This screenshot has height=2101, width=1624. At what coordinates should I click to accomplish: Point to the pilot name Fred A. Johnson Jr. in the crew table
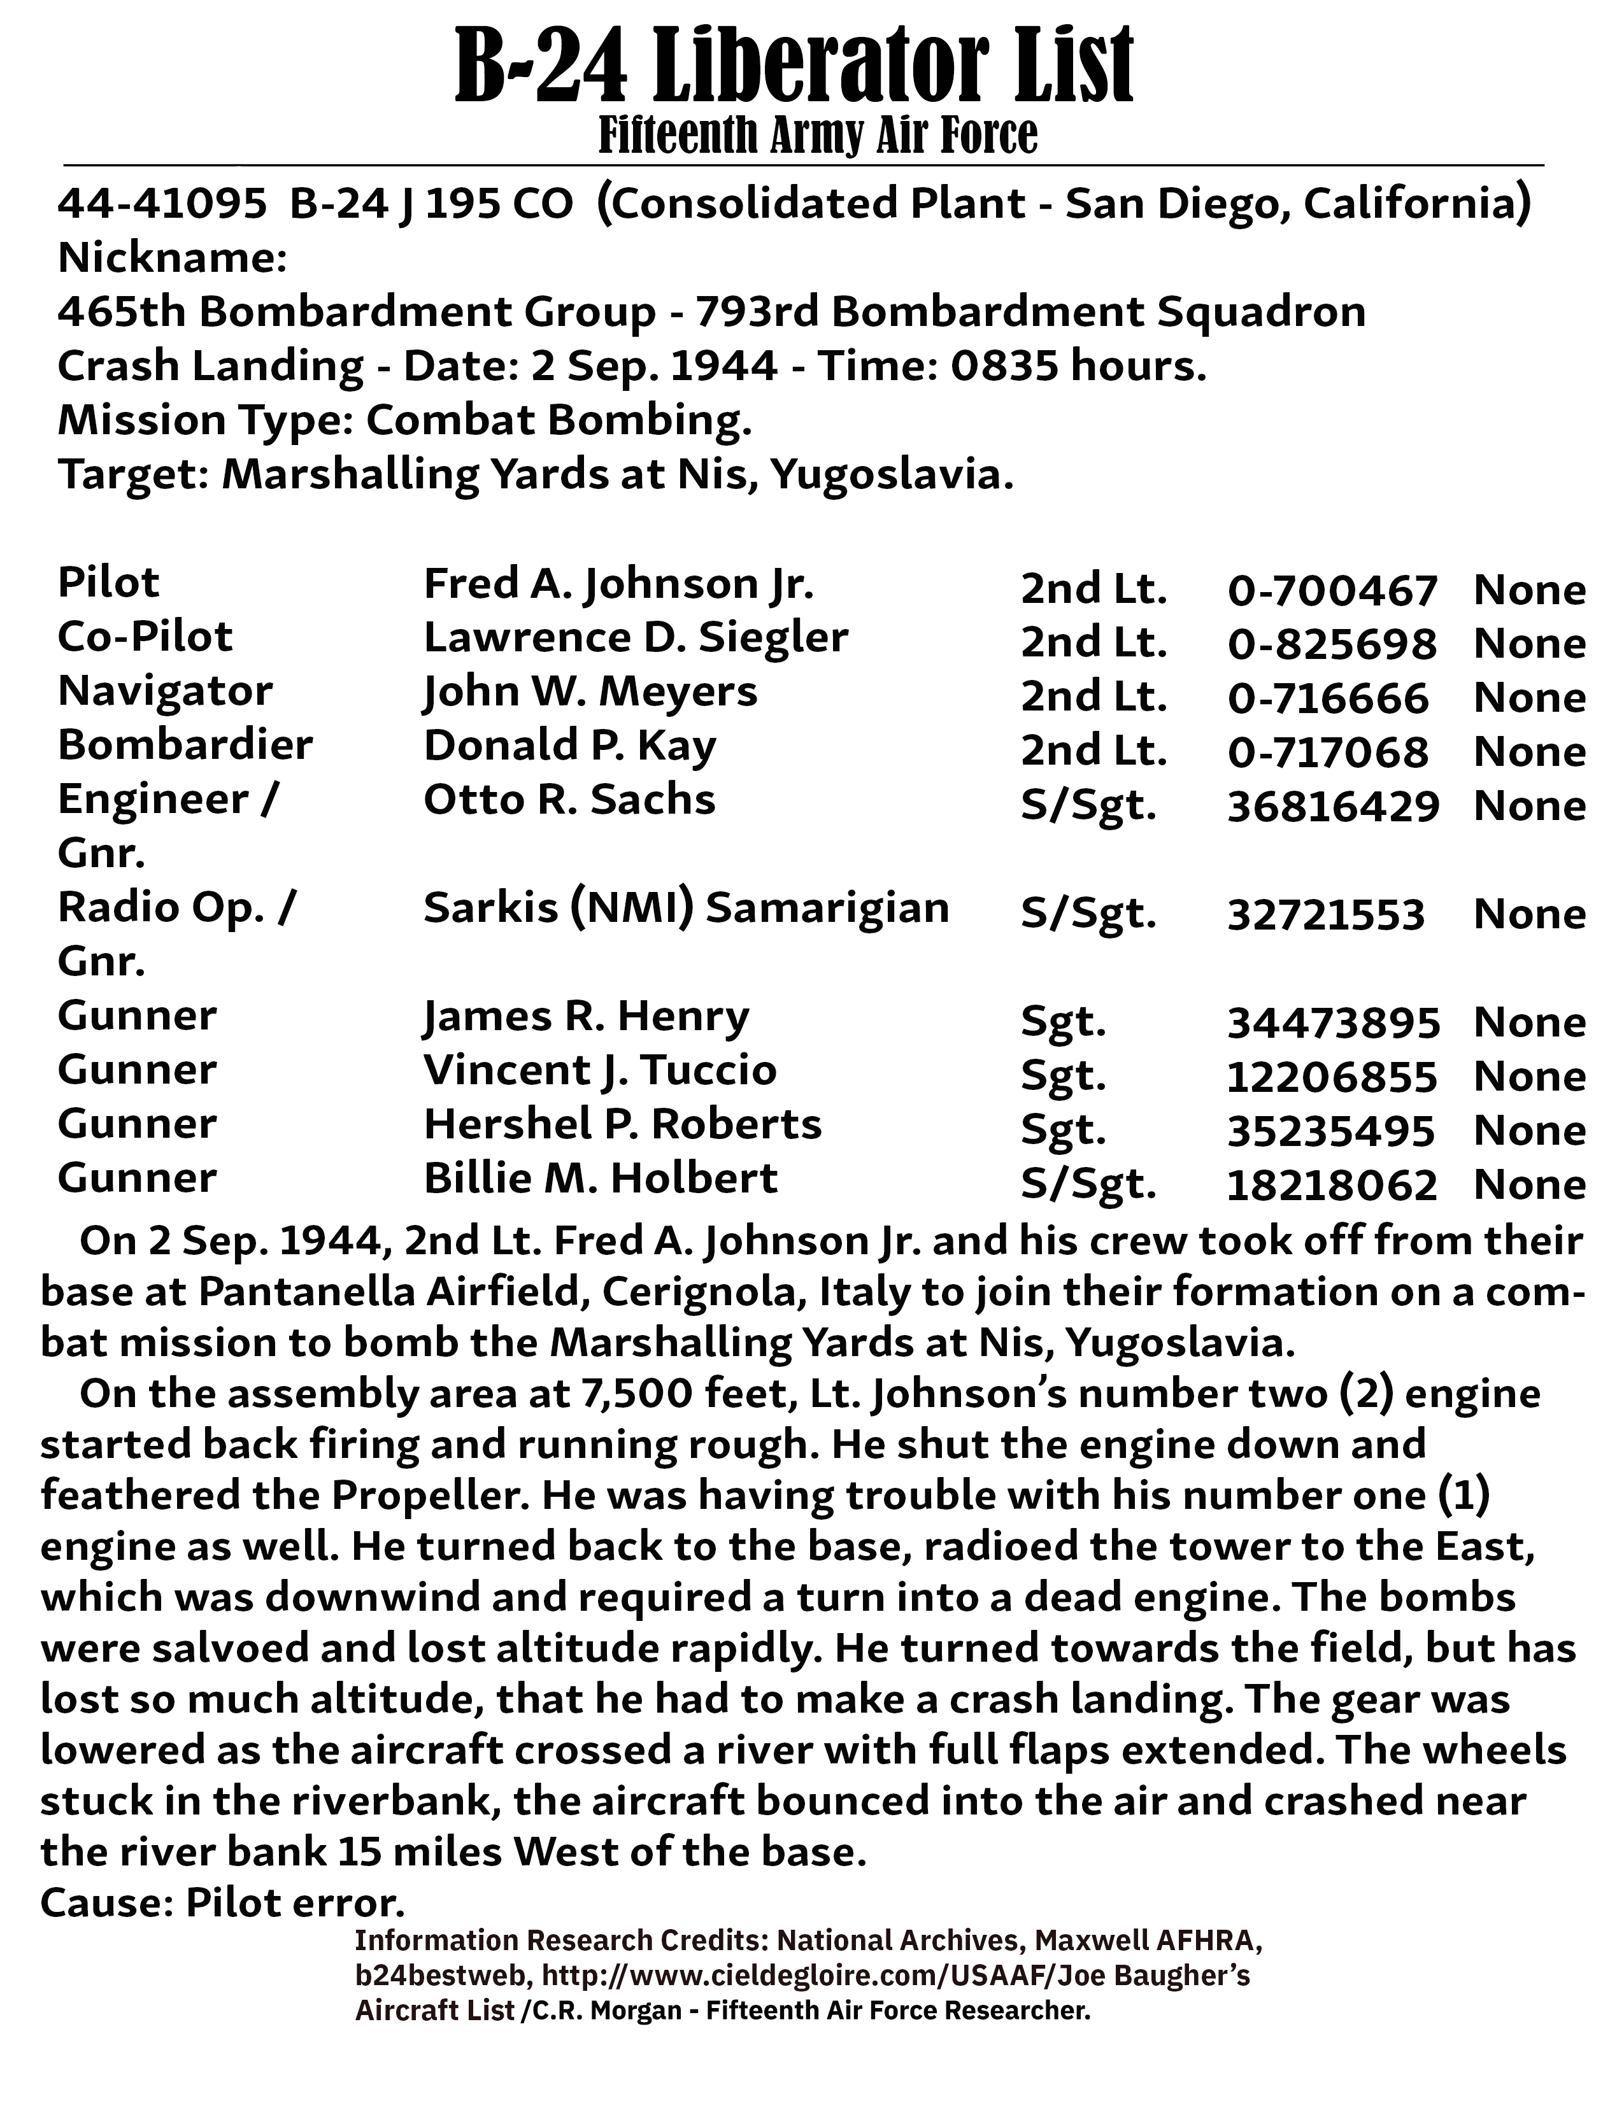618,584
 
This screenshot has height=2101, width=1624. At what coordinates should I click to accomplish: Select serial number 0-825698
1332,644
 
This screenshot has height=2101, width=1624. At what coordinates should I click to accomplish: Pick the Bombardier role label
185,746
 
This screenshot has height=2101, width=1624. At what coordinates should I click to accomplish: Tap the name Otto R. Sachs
569,800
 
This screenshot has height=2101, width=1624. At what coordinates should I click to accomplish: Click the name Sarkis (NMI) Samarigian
686,908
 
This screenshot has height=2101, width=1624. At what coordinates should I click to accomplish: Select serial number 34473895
1332,1022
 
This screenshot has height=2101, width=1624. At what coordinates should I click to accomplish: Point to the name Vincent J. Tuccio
599,1071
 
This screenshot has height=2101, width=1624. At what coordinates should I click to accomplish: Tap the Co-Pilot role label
145,637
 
